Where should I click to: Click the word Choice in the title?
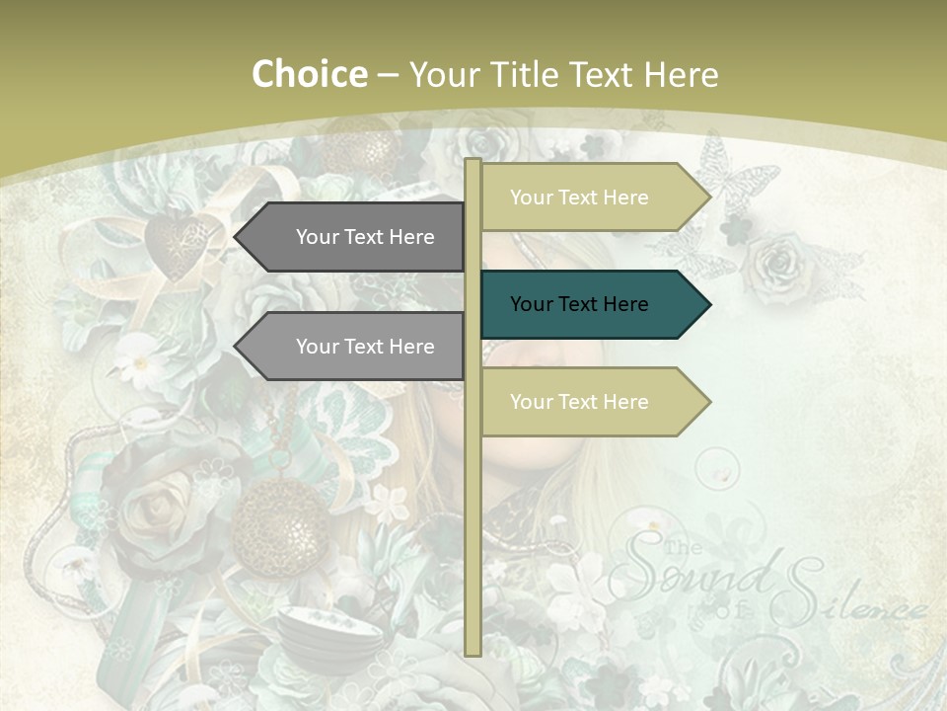click(x=309, y=74)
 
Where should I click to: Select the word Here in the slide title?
click(x=681, y=74)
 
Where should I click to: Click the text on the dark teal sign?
click(x=579, y=304)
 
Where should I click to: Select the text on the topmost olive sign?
click(x=579, y=197)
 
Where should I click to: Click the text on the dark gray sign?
click(x=365, y=237)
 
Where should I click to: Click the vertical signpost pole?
click(x=473, y=513)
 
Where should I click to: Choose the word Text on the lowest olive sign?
click(x=579, y=402)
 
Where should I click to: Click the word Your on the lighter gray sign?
click(x=318, y=347)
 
